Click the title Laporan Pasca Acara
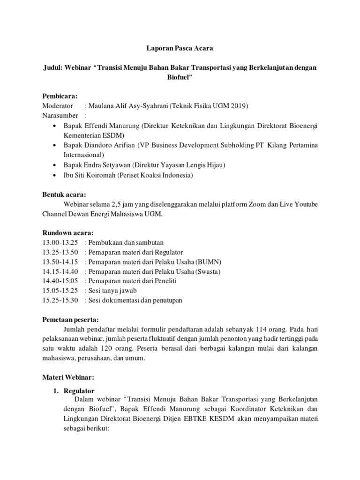[180, 48]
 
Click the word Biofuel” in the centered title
[180, 76]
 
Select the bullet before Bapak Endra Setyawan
[55, 165]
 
